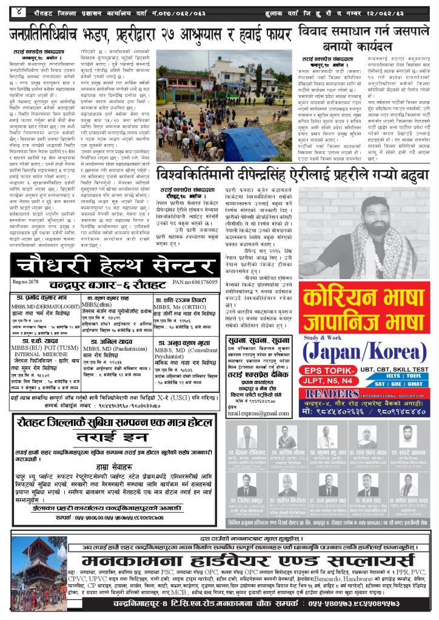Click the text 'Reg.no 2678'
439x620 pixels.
[x=25, y=282]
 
